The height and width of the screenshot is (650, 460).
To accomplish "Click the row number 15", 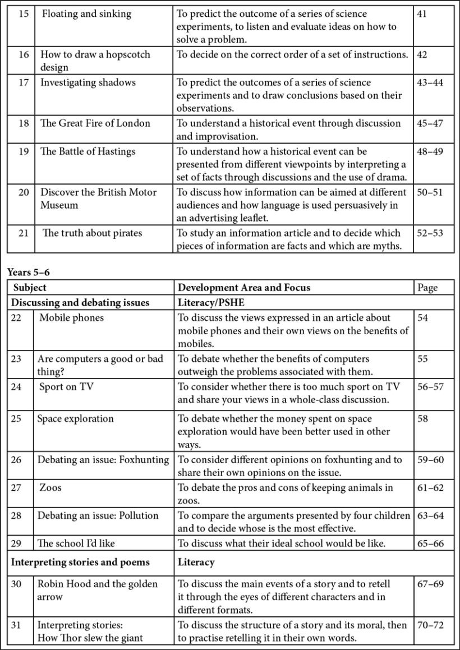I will pyautogui.click(x=24, y=13).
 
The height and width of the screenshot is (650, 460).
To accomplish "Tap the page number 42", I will pyautogui.click(x=422, y=55).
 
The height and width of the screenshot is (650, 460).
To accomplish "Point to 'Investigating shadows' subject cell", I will pyautogui.click(x=88, y=82).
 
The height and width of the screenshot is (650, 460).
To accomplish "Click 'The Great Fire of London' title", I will pyautogui.click(x=95, y=123).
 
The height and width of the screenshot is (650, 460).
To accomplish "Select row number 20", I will pyautogui.click(x=24, y=192).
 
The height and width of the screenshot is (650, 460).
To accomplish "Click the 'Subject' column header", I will pyautogui.click(x=30, y=288).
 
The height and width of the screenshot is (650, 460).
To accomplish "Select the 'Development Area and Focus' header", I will pyautogui.click(x=243, y=288).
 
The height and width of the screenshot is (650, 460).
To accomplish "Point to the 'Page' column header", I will pyautogui.click(x=427, y=288).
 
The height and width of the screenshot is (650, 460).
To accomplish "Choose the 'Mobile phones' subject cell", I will pyautogui.click(x=71, y=318).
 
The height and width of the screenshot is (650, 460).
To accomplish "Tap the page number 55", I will pyautogui.click(x=422, y=359).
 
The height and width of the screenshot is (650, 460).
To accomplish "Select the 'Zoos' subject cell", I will pyautogui.click(x=50, y=487).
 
